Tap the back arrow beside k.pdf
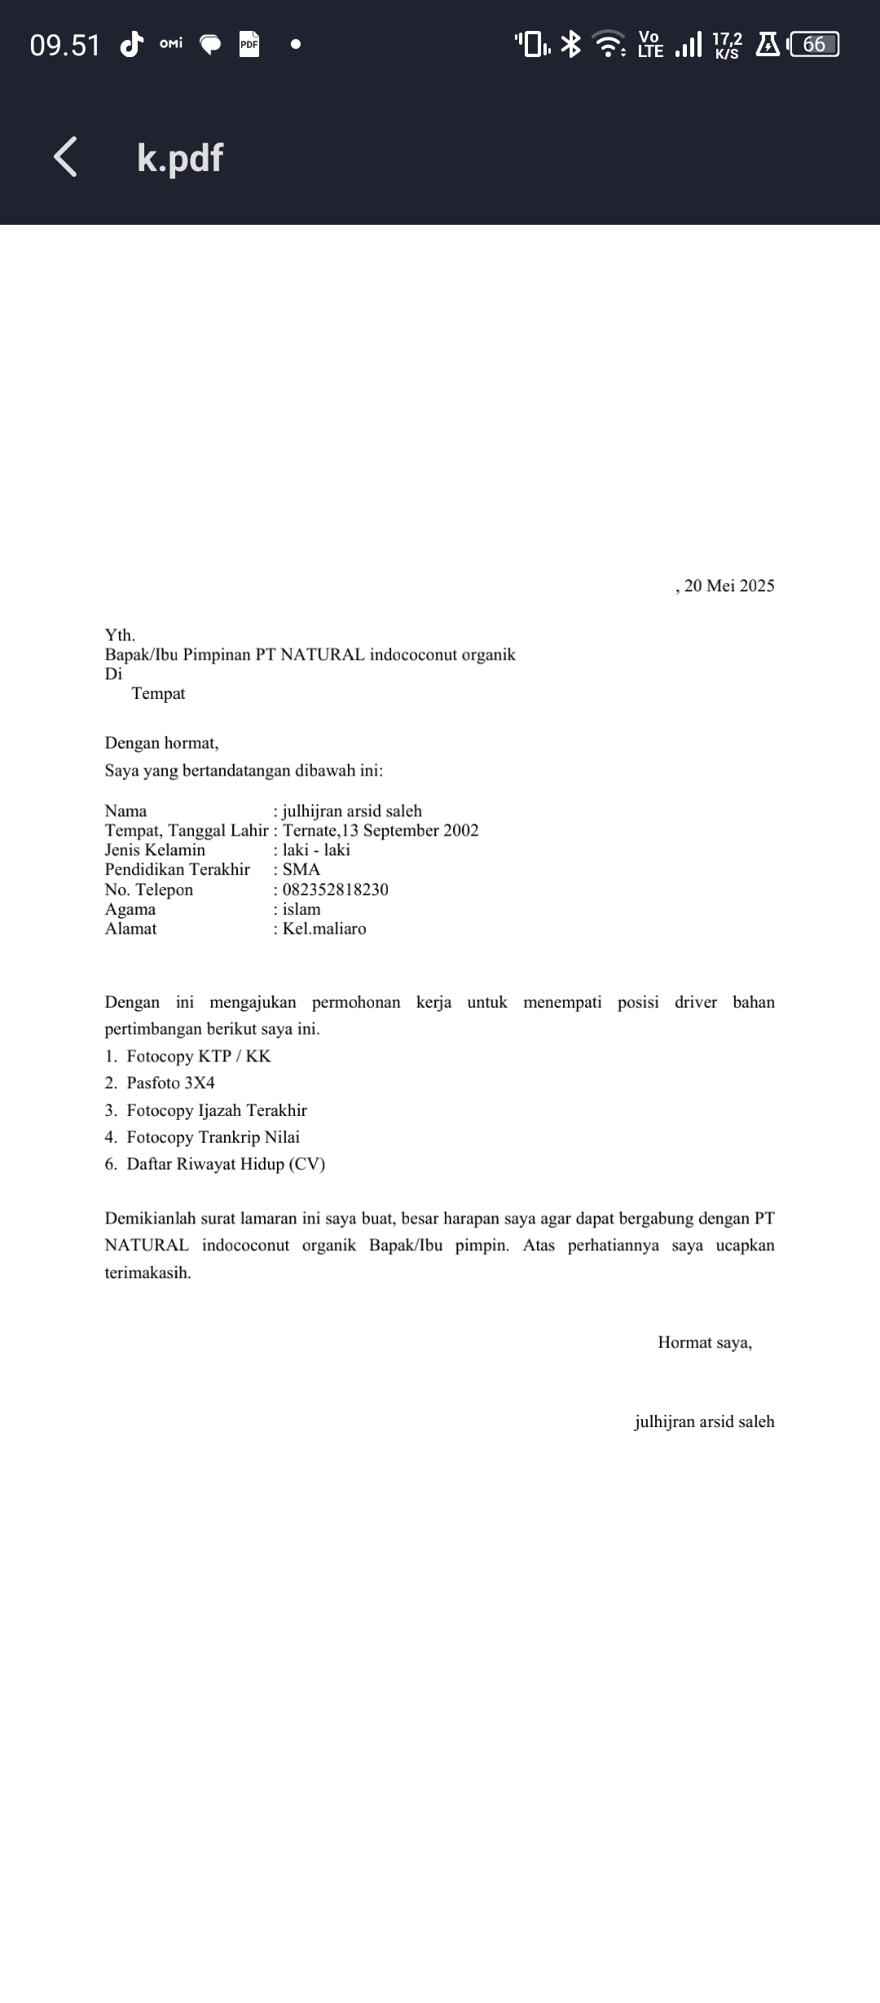[x=66, y=156]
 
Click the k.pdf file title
[x=180, y=158]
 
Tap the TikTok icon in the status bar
[x=131, y=44]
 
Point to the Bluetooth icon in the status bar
[x=572, y=44]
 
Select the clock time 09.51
[x=64, y=45]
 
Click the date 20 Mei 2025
[x=728, y=586]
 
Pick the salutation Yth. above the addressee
[x=120, y=635]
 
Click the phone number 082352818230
[x=335, y=889]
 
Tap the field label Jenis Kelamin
[x=155, y=850]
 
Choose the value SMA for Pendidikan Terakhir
[x=301, y=869]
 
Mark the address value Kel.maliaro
[x=323, y=929]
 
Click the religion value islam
[x=301, y=909]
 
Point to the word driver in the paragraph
[x=695, y=1002]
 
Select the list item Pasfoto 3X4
[x=170, y=1083]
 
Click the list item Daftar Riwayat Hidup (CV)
[x=225, y=1164]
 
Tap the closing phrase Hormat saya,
[x=704, y=1342]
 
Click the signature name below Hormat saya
[x=704, y=1421]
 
